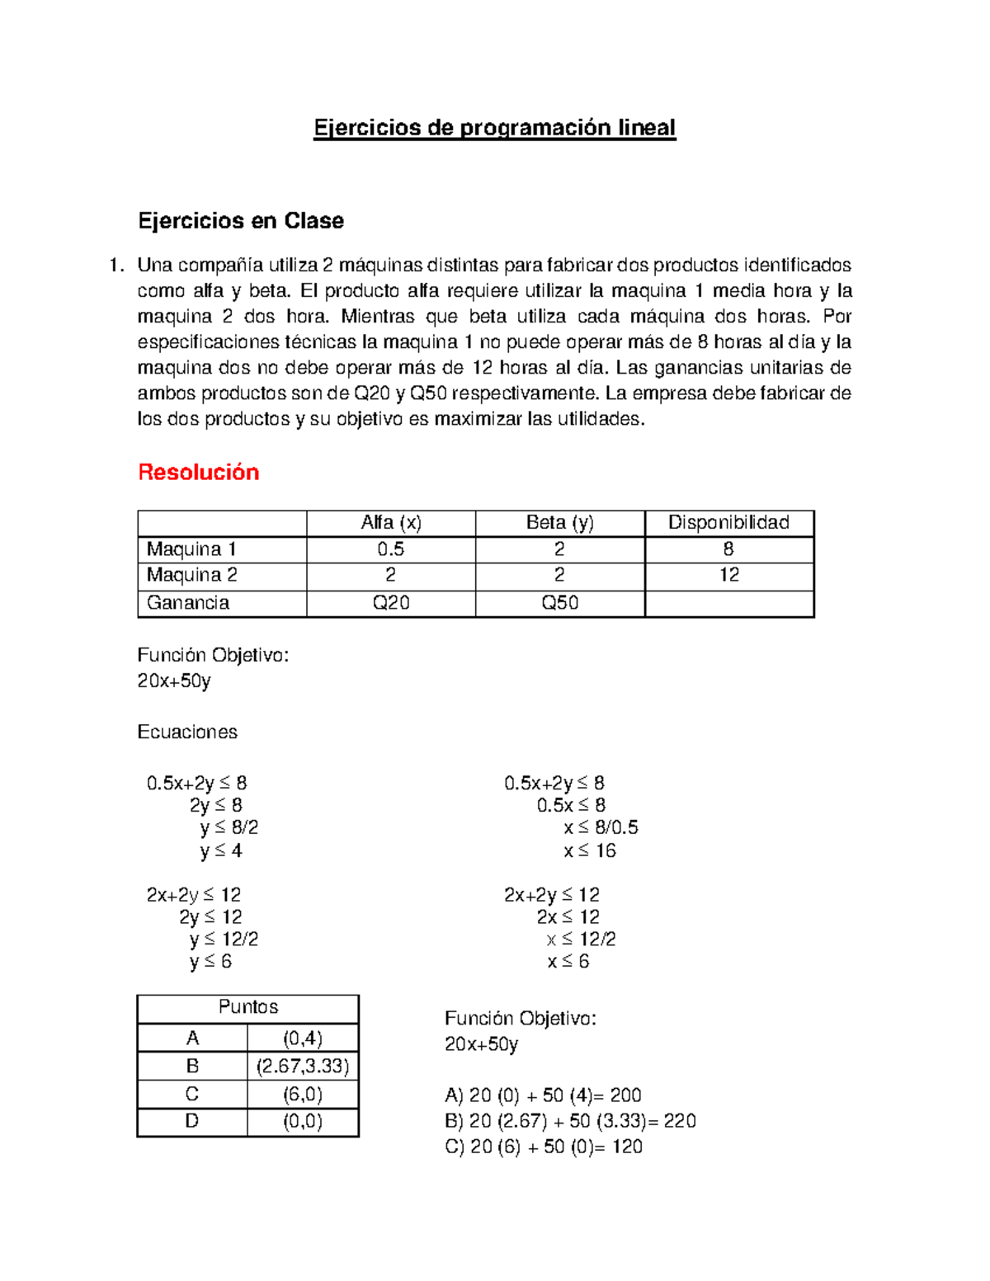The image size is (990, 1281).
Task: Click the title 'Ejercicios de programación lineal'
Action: pyautogui.click(x=494, y=128)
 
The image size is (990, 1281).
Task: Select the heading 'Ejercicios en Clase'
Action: pyautogui.click(x=241, y=221)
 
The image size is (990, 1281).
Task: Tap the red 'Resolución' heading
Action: pyautogui.click(x=199, y=472)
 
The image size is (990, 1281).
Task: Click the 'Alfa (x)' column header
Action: pyautogui.click(x=391, y=523)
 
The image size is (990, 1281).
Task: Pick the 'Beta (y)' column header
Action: pyautogui.click(x=559, y=523)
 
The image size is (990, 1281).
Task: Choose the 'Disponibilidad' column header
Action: pyautogui.click(x=728, y=523)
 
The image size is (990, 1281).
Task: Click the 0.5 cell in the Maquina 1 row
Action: pyautogui.click(x=391, y=549)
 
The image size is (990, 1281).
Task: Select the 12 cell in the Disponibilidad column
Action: pyautogui.click(x=728, y=575)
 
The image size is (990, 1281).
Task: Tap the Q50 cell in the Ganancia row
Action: pyautogui.click(x=559, y=603)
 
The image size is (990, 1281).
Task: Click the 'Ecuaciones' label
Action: pyautogui.click(x=187, y=732)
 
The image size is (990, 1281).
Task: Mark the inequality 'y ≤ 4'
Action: pyautogui.click(x=221, y=850)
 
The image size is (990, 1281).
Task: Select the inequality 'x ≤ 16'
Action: pyautogui.click(x=590, y=850)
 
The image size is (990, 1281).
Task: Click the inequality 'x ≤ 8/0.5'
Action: pyautogui.click(x=601, y=827)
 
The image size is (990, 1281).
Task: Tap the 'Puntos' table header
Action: pyautogui.click(x=248, y=1007)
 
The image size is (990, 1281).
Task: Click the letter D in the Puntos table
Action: pyautogui.click(x=192, y=1121)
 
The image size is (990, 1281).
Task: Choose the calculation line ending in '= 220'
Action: pyautogui.click(x=570, y=1121)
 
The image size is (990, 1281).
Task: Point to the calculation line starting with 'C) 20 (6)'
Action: pyautogui.click(x=544, y=1147)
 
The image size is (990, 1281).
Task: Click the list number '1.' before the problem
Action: pyautogui.click(x=116, y=266)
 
